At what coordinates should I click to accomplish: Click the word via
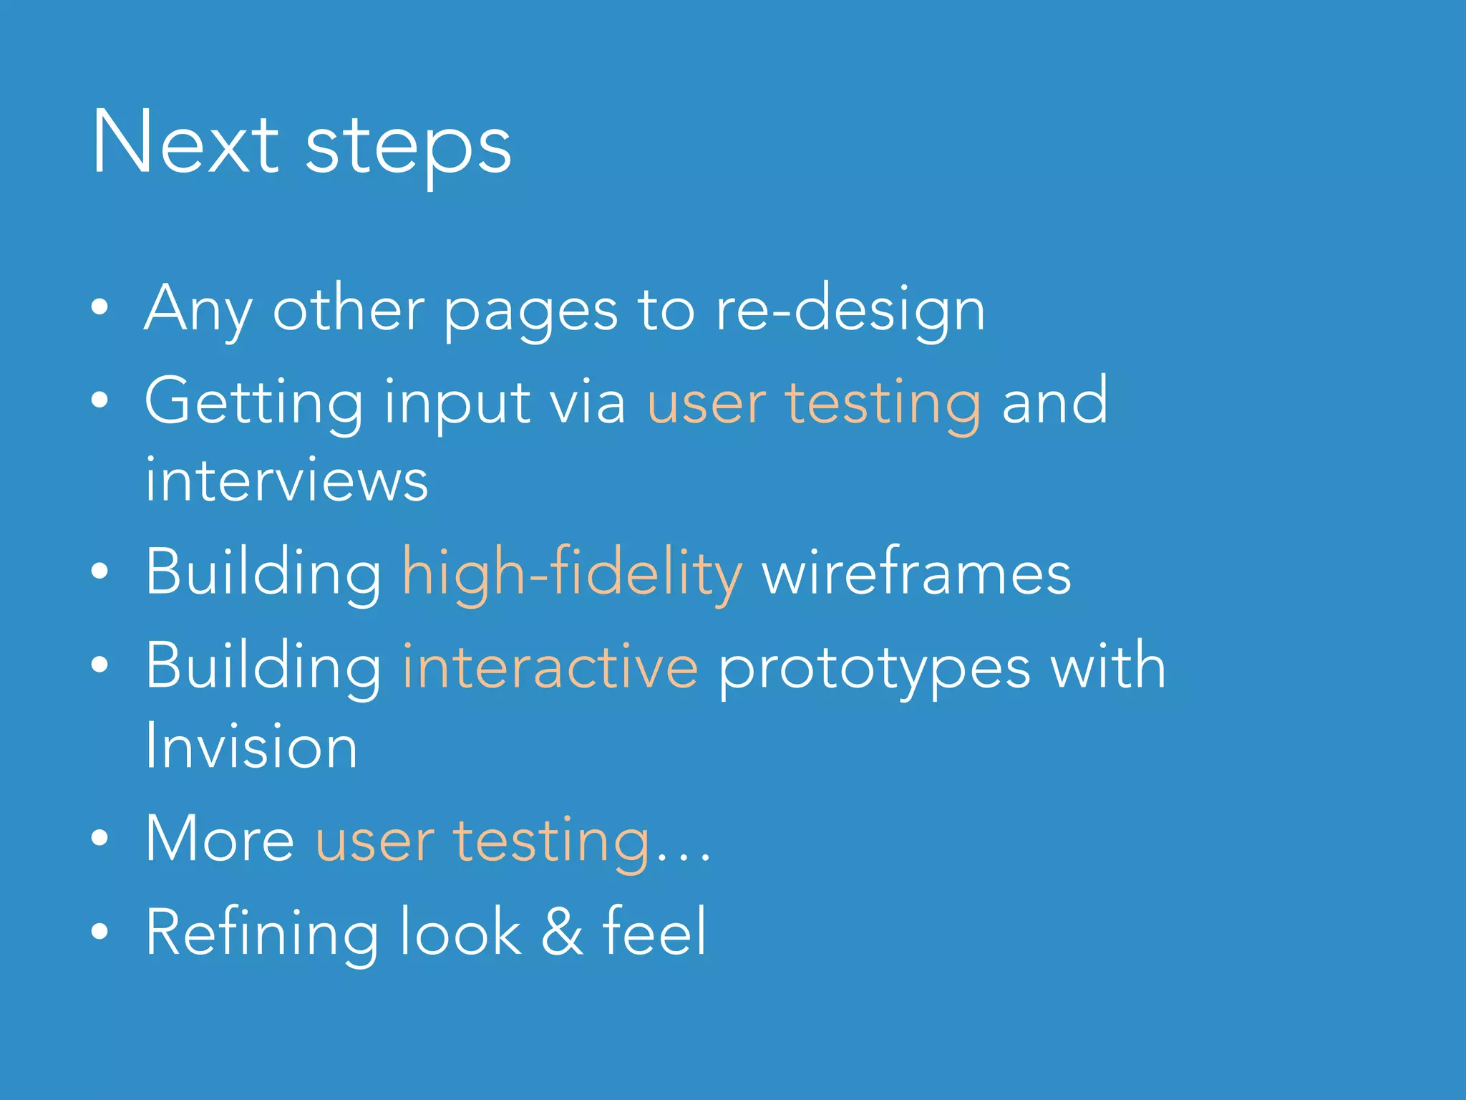pyautogui.click(x=587, y=402)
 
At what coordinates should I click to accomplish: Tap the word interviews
pyautogui.click(x=286, y=480)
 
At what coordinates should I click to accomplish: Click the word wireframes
pyautogui.click(x=916, y=573)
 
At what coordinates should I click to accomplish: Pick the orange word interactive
pyautogui.click(x=550, y=666)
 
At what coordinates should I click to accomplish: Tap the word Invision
pyautogui.click(x=251, y=746)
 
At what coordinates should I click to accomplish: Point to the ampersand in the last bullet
pyautogui.click(x=562, y=932)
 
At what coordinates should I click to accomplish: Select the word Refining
pyautogui.click(x=262, y=933)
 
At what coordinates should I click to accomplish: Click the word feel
pyautogui.click(x=654, y=931)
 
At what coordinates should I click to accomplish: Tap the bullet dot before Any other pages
pyautogui.click(x=100, y=307)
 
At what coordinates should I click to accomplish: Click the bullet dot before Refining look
pyautogui.click(x=100, y=931)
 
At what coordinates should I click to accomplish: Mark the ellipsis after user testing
pyautogui.click(x=683, y=854)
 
